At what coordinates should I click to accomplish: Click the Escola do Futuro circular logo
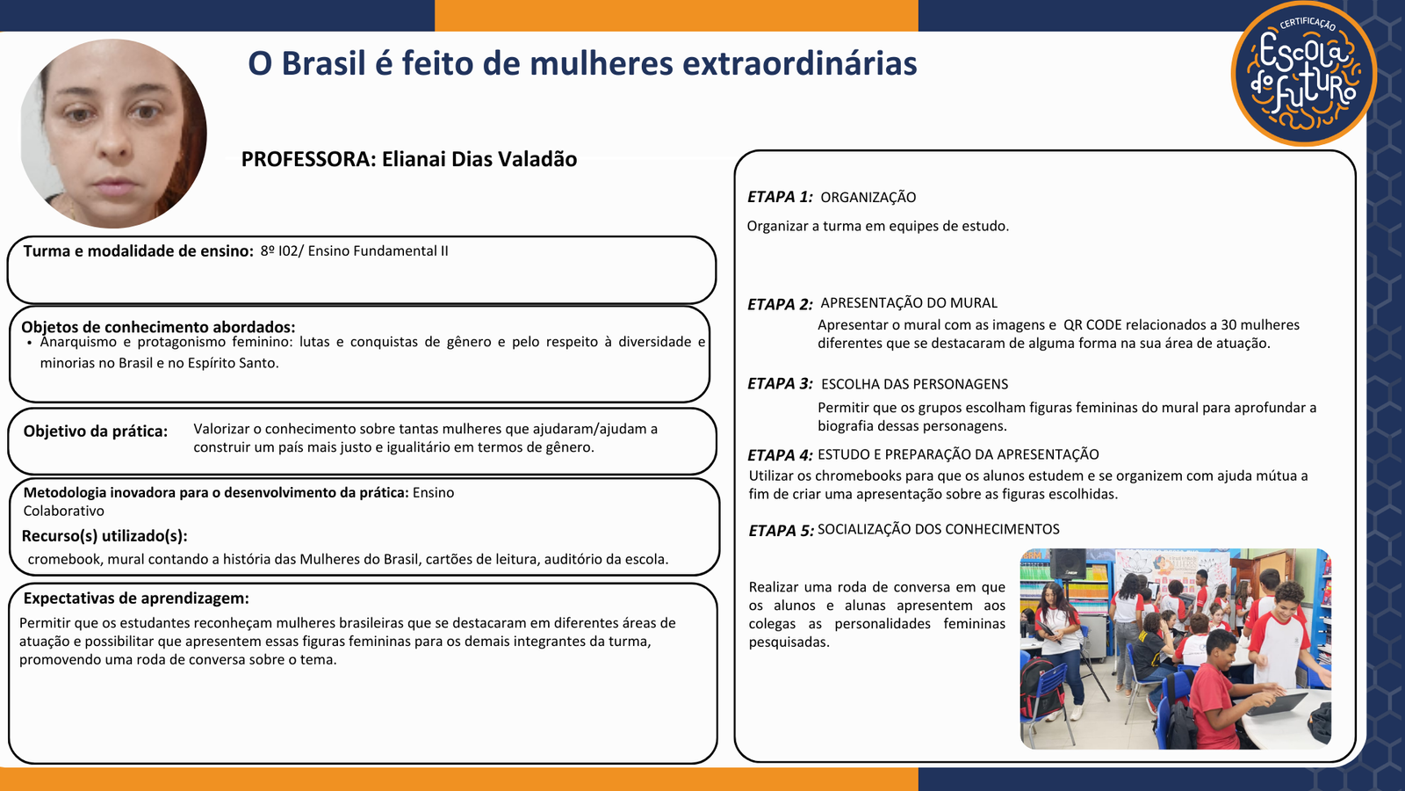pyautogui.click(x=1304, y=73)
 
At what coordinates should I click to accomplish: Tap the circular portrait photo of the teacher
pyautogui.click(x=113, y=134)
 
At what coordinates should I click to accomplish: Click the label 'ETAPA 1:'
pyautogui.click(x=780, y=197)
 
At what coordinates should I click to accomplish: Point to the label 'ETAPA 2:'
pyautogui.click(x=780, y=304)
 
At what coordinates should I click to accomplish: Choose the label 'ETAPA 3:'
pyautogui.click(x=780, y=383)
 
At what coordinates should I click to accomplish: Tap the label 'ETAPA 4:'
pyautogui.click(x=780, y=455)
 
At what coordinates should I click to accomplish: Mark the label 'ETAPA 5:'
pyautogui.click(x=781, y=531)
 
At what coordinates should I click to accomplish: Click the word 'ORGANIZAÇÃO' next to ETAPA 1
pyautogui.click(x=868, y=198)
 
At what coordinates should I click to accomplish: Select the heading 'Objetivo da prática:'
pyautogui.click(x=96, y=432)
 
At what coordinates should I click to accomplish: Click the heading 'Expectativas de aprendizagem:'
pyautogui.click(x=136, y=599)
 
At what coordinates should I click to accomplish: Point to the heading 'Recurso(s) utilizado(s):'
pyautogui.click(x=104, y=536)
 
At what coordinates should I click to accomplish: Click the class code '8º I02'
pyautogui.click(x=278, y=251)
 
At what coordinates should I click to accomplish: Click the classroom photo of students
pyautogui.click(x=1176, y=649)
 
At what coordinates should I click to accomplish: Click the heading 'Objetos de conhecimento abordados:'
pyautogui.click(x=158, y=327)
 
